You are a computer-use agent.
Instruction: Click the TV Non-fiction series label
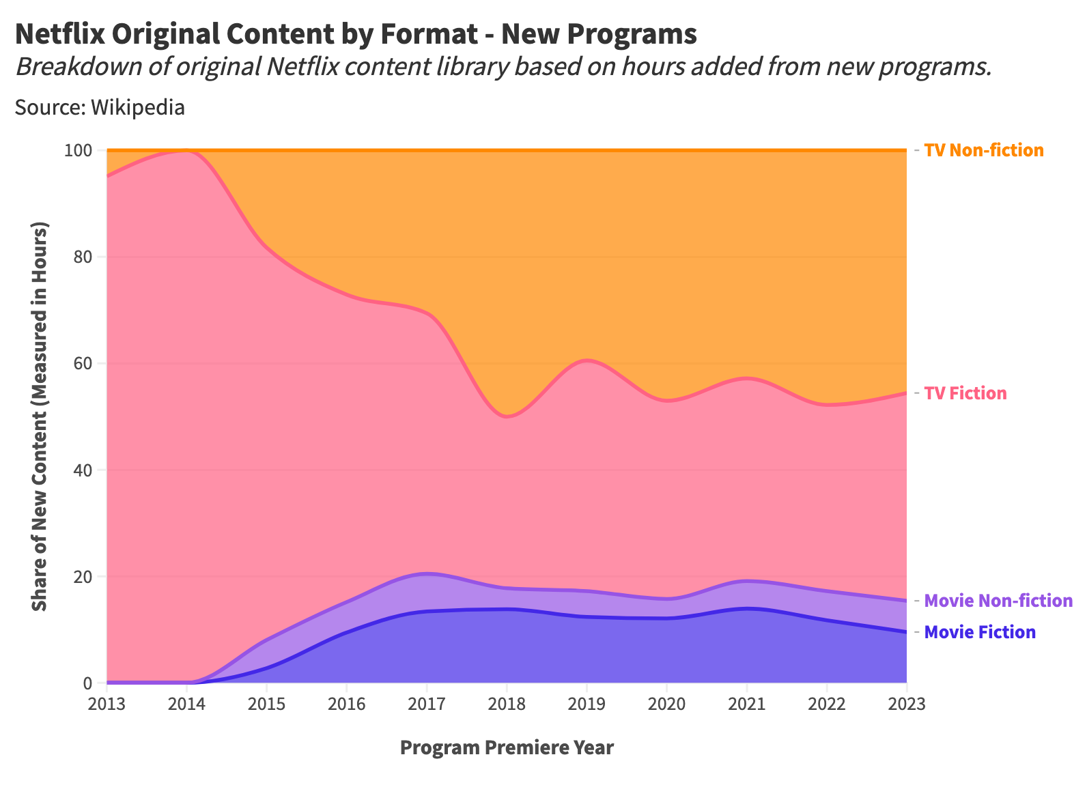[983, 150]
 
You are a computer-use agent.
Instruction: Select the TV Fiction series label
[965, 393]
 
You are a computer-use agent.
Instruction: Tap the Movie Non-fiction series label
[998, 601]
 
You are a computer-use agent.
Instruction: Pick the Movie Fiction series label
[979, 632]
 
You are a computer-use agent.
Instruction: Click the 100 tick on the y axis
[78, 150]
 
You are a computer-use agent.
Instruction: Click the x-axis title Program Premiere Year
[507, 748]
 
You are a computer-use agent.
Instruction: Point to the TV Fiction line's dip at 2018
[508, 416]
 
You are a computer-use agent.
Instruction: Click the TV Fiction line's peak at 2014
[186, 151]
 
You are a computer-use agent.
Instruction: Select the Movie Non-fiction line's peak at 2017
[427, 573]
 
